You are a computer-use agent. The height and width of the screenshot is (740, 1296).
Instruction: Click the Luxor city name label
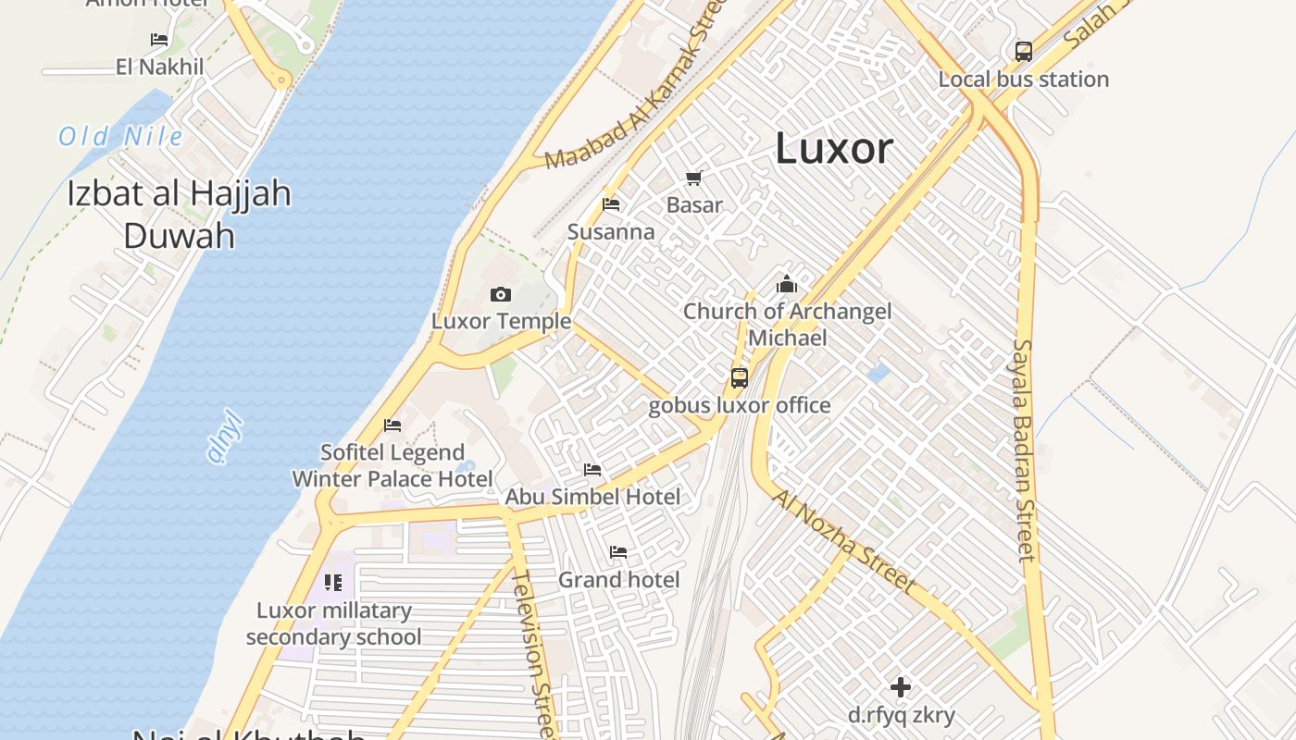point(833,148)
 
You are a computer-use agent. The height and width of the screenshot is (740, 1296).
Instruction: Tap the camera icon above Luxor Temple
point(501,295)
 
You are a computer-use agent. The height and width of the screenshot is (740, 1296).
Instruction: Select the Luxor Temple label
point(501,322)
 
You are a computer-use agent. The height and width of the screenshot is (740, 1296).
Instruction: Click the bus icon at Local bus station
point(1023,52)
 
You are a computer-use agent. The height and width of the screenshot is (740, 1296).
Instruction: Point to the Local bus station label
point(1023,80)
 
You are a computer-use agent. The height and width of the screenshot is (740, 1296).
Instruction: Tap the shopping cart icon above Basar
point(694,178)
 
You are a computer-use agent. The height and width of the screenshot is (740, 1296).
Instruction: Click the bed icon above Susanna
point(611,204)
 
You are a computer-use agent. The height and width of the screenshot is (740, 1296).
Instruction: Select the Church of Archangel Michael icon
point(787,284)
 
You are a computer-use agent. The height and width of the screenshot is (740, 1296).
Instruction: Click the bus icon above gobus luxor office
point(739,377)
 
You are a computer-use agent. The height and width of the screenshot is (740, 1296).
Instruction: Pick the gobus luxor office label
point(739,405)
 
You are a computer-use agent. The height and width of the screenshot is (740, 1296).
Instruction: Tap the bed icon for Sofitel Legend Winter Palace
point(393,425)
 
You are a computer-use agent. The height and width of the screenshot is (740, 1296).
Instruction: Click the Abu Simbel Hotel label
point(592,497)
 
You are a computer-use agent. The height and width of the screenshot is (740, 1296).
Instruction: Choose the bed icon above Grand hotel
point(618,552)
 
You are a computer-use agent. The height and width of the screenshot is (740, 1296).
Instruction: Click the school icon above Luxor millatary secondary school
point(333,583)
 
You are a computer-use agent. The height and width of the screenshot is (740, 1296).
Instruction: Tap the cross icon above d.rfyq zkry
point(901,687)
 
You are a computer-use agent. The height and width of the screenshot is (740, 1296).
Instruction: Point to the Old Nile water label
point(120,137)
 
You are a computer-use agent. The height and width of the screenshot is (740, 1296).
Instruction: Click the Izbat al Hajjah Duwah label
point(179,215)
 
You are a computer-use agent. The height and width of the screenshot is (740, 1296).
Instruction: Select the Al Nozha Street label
point(843,542)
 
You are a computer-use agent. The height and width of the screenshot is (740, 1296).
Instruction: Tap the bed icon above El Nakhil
point(159,40)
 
